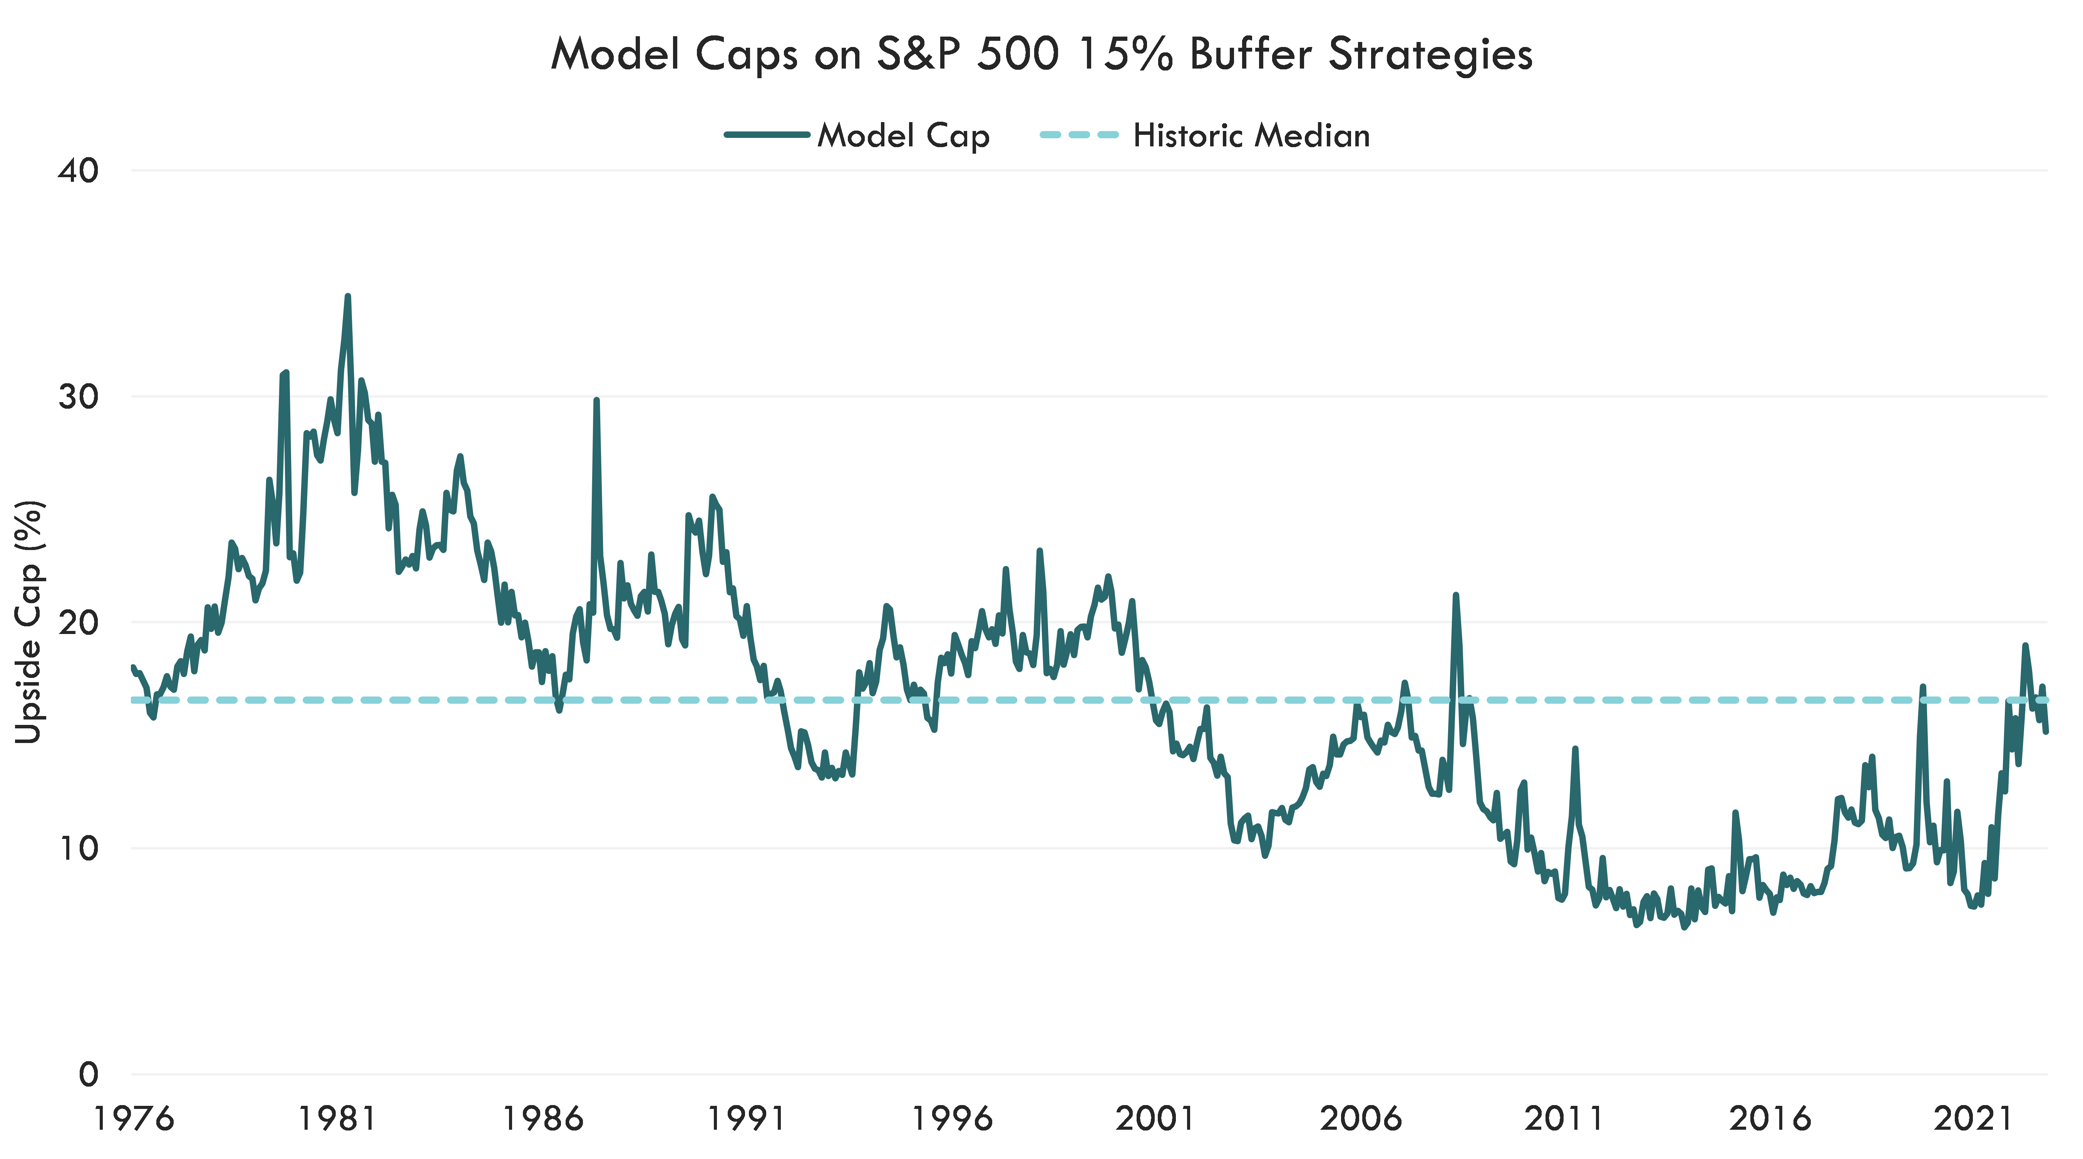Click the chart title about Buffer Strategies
point(1041,55)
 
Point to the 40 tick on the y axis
point(79,171)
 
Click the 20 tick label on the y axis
point(79,623)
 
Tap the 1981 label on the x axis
point(337,1119)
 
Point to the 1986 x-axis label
point(543,1119)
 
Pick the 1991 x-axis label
point(746,1119)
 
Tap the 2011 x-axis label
point(1564,1119)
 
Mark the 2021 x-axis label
point(1972,1119)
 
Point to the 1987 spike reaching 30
point(596,399)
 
